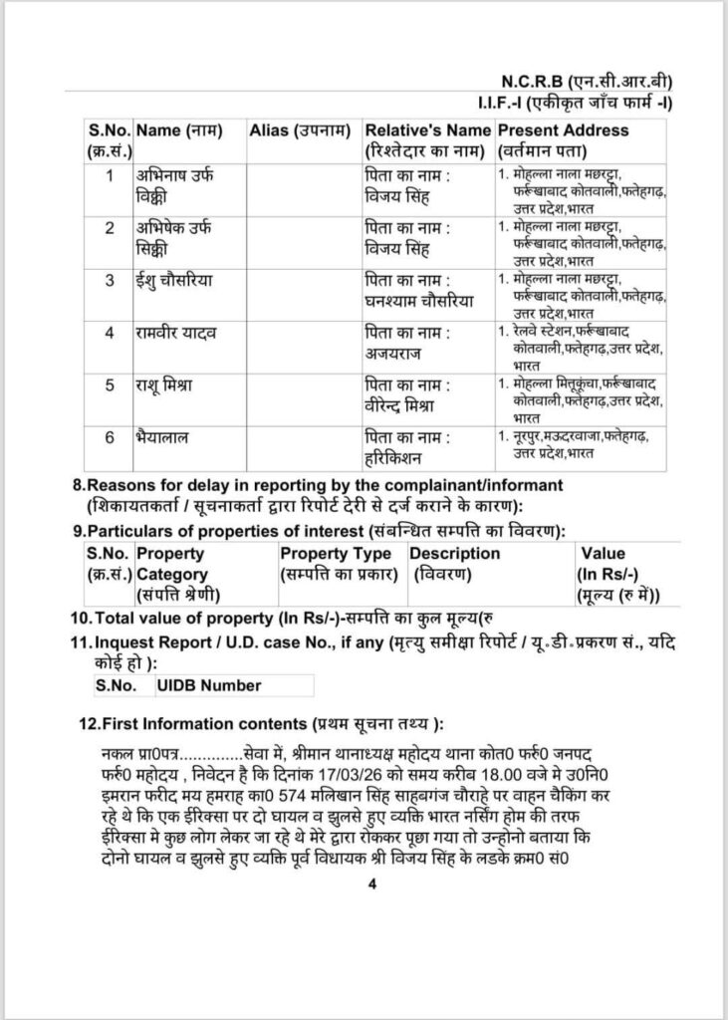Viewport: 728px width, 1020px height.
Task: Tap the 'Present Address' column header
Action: click(x=563, y=130)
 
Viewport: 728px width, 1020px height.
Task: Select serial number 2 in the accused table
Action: click(x=110, y=226)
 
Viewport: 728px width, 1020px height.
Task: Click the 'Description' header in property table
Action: click(x=455, y=554)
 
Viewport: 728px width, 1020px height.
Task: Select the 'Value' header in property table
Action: click(x=603, y=554)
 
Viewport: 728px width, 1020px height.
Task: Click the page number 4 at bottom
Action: click(x=369, y=884)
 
